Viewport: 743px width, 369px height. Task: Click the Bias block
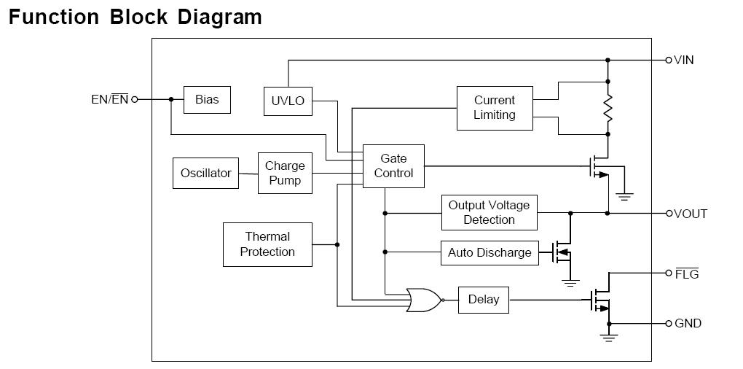click(x=207, y=100)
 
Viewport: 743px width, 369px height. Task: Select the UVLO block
click(x=288, y=101)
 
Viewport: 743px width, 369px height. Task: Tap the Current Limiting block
click(x=494, y=108)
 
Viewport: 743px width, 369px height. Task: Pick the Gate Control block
click(x=393, y=166)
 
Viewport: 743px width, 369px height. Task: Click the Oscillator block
click(x=205, y=174)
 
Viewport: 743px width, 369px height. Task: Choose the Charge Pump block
click(x=285, y=174)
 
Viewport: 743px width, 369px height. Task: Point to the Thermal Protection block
click(x=267, y=244)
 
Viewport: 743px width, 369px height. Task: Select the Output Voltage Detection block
click(x=489, y=213)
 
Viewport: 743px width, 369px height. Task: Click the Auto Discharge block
click(x=489, y=253)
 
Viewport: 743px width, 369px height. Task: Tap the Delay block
click(x=484, y=300)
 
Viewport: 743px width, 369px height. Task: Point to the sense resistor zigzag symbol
click(x=608, y=108)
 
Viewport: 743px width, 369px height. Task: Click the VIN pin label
click(x=684, y=60)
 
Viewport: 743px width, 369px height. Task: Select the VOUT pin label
click(x=691, y=214)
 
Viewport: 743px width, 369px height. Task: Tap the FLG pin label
click(x=686, y=274)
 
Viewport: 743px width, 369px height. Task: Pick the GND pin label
click(x=688, y=323)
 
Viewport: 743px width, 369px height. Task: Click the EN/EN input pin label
click(x=110, y=100)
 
